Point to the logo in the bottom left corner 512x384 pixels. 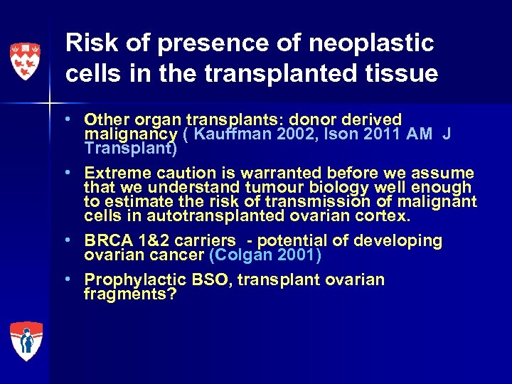tap(26, 341)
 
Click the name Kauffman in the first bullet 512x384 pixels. tap(229, 134)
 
